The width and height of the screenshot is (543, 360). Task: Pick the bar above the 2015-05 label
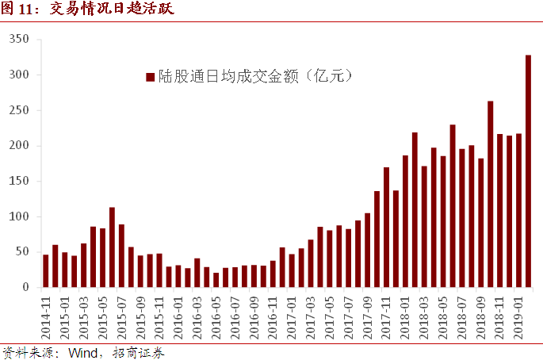click(93, 257)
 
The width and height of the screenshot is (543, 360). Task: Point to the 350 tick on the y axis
click(18, 40)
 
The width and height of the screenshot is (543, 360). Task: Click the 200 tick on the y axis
click(18, 146)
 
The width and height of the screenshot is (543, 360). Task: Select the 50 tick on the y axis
click(21, 252)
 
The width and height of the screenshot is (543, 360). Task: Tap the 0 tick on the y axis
click(25, 288)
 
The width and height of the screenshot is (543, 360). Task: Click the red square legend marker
click(150, 77)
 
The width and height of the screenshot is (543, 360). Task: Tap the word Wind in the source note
click(81, 352)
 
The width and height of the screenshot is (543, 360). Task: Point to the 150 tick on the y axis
click(18, 182)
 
